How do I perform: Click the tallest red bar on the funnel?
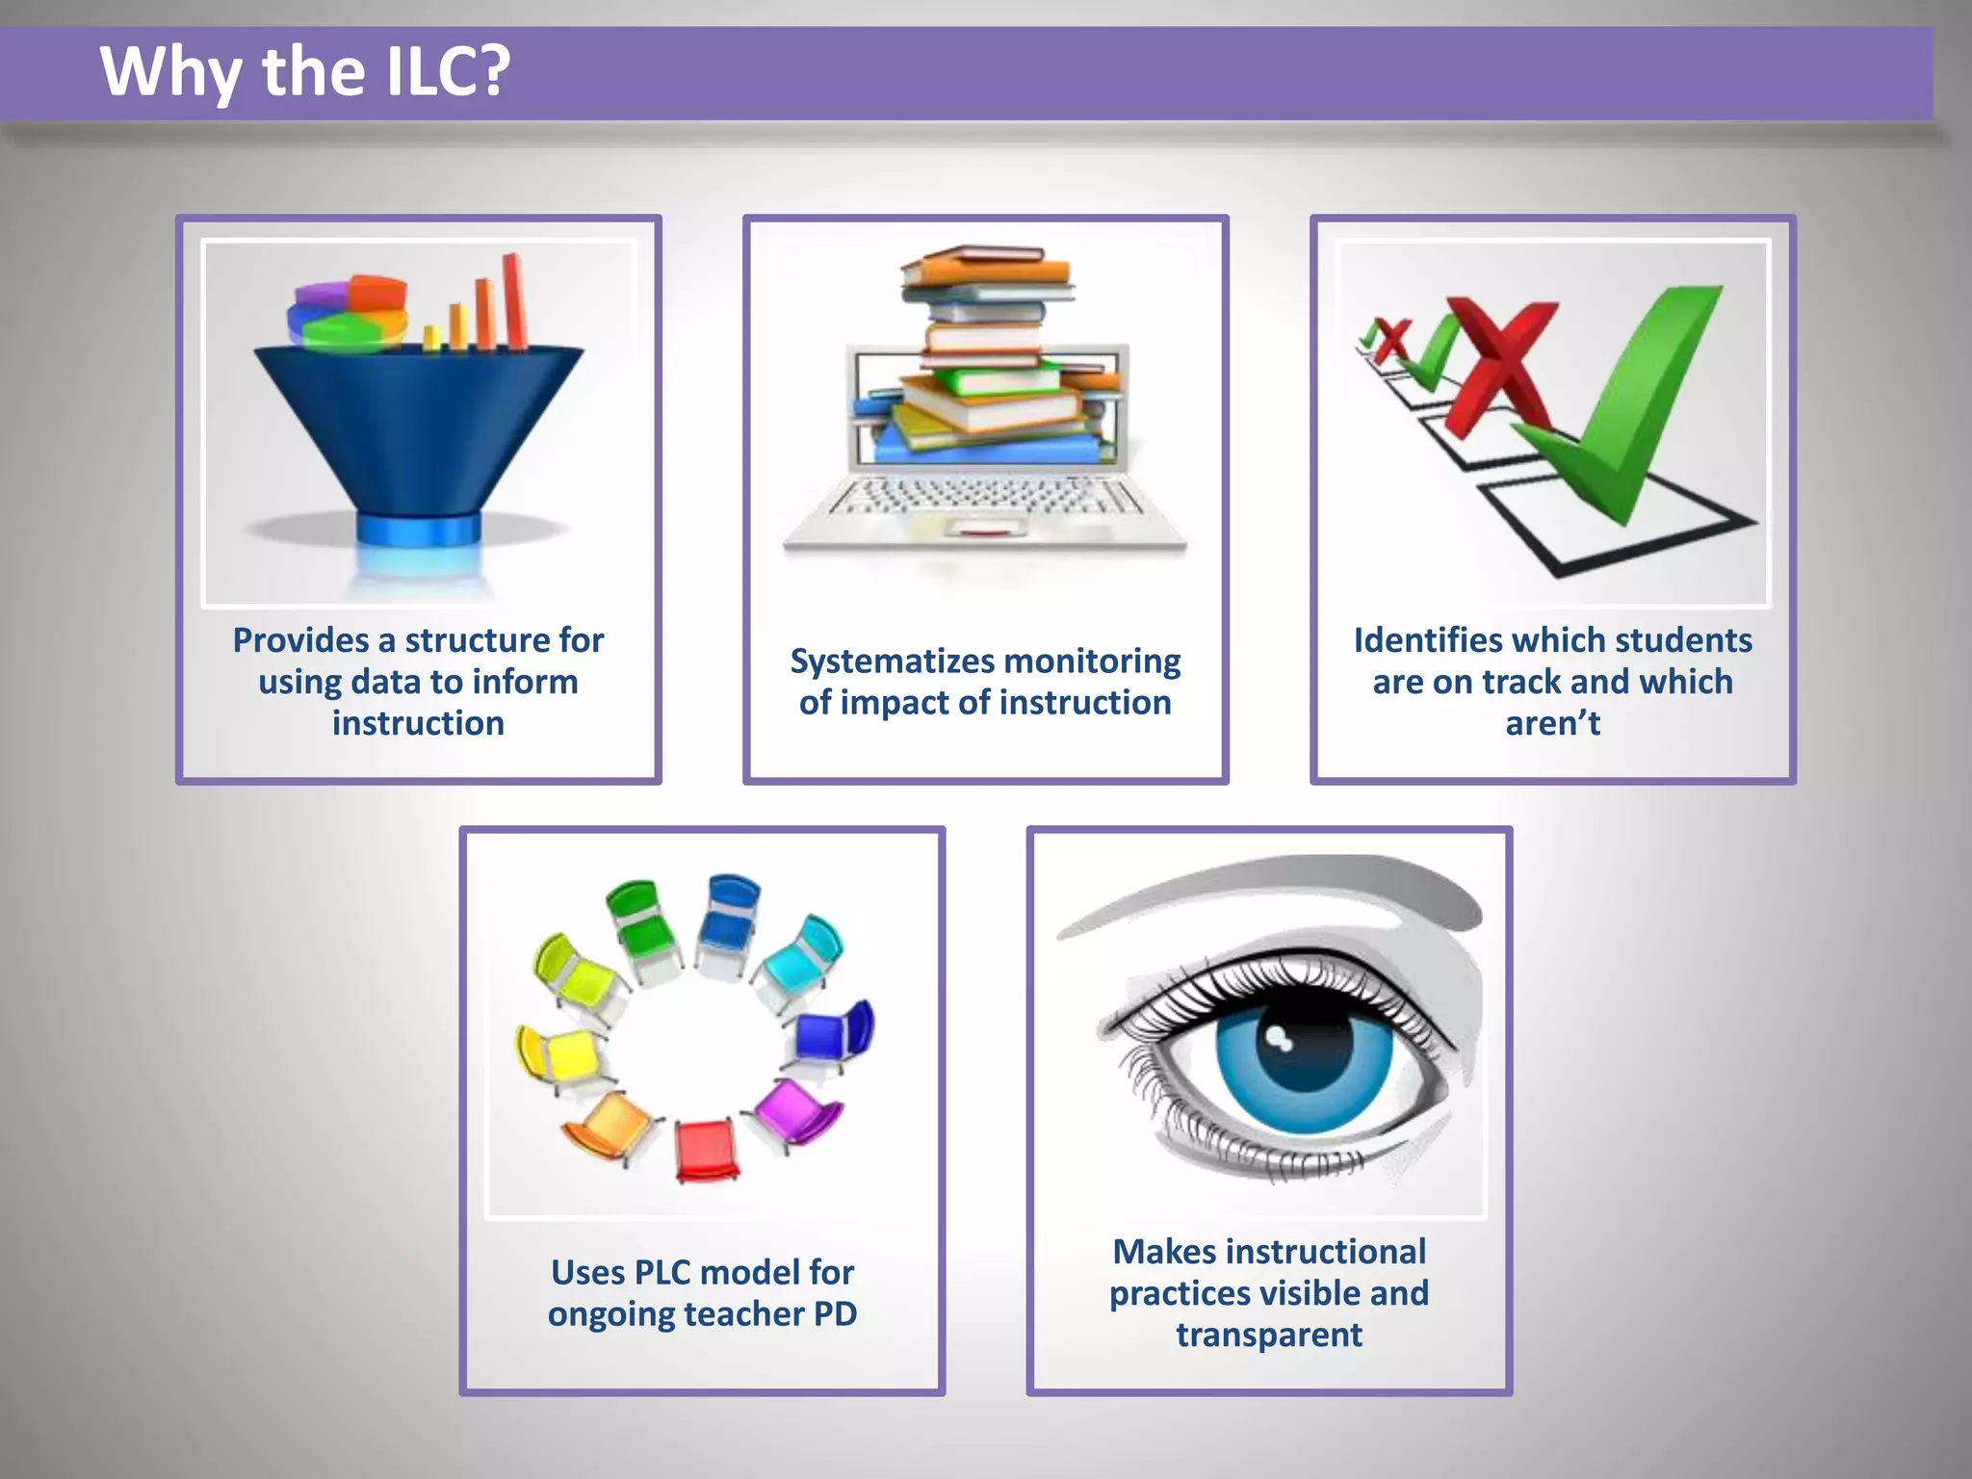514,300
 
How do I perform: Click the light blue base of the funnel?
418,529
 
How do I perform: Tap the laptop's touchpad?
985,527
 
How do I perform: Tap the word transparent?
1269,1335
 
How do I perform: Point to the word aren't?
1552,723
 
